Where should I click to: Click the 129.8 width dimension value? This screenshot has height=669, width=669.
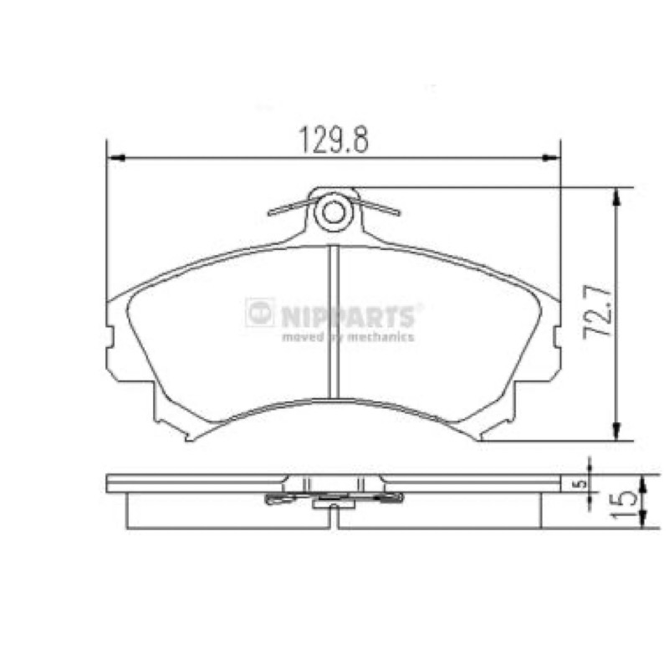point(333,140)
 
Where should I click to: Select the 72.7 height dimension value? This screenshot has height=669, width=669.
point(597,311)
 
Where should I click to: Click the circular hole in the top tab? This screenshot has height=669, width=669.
point(333,212)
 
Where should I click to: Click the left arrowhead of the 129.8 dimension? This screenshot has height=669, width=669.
point(115,158)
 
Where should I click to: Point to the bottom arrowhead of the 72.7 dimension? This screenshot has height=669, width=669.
point(615,431)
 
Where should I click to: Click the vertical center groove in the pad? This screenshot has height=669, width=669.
point(334,322)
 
